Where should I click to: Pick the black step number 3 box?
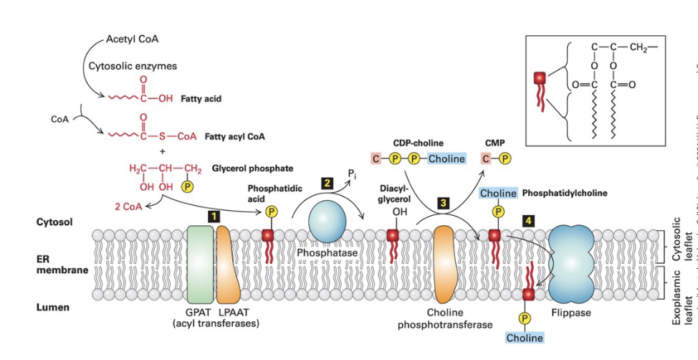click(x=444, y=203)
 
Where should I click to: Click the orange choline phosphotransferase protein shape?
click(x=445, y=265)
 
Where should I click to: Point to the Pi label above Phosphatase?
click(x=351, y=174)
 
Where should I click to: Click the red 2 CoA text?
click(x=128, y=207)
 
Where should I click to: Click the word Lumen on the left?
click(x=53, y=308)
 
